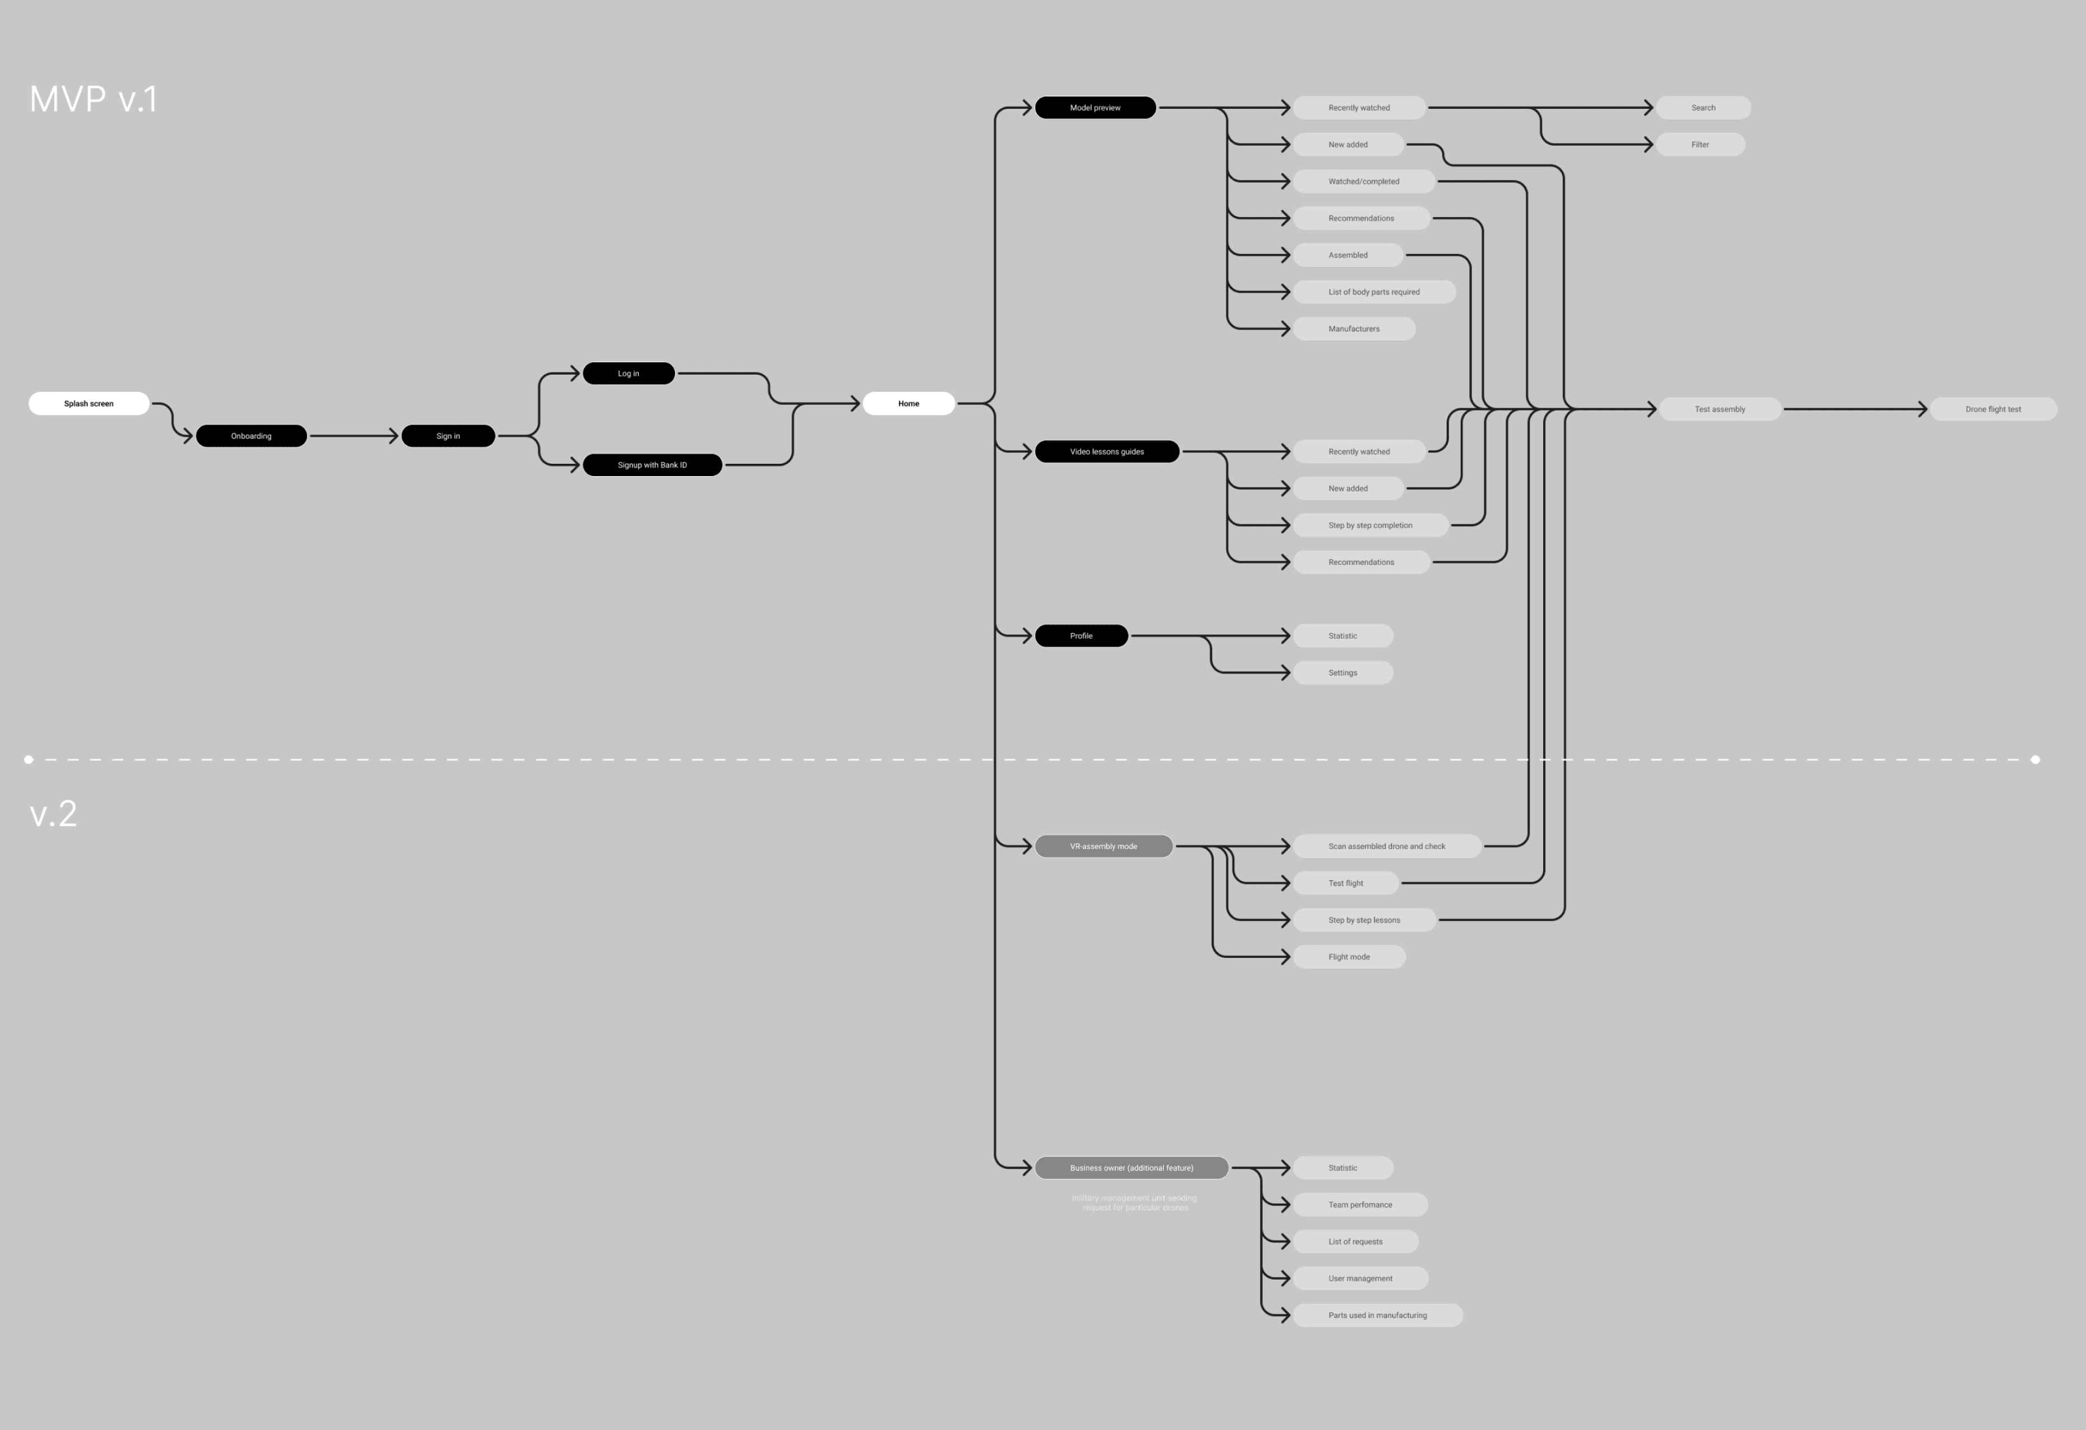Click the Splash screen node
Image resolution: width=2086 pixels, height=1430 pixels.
click(89, 403)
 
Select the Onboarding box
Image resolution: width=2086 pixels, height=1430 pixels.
click(251, 435)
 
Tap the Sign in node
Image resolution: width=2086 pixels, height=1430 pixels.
click(448, 435)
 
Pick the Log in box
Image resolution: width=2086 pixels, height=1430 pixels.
click(628, 373)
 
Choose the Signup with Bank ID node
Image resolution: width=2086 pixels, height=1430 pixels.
click(653, 465)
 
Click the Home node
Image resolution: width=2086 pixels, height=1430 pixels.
click(908, 403)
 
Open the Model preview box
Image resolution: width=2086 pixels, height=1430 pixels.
click(1095, 108)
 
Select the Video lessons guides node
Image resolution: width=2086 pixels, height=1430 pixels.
click(1107, 451)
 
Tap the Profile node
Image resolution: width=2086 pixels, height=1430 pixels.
click(1082, 635)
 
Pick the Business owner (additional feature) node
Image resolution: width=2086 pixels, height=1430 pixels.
click(1131, 1168)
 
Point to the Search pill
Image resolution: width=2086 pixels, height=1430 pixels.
click(1703, 108)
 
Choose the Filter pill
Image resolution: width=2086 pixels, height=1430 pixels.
click(1700, 145)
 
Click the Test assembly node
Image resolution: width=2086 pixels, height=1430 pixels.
click(1720, 409)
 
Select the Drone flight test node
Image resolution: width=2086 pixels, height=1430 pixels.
click(1993, 409)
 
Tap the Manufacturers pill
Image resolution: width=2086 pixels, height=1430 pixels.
click(1354, 329)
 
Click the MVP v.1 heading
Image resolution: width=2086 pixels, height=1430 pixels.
click(93, 99)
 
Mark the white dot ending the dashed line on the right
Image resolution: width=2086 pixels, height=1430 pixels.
click(2035, 759)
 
